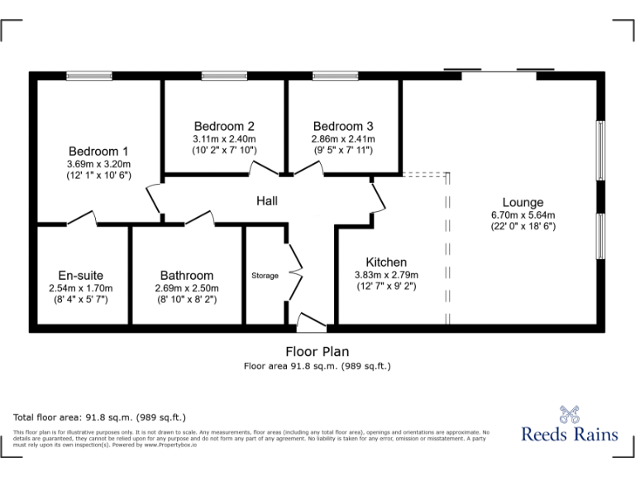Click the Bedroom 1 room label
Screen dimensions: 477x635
tap(98, 152)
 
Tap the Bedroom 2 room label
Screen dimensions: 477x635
tap(224, 126)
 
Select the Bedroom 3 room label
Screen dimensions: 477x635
tap(343, 126)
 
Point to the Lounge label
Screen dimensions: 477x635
tap(523, 202)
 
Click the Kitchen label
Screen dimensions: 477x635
tap(386, 263)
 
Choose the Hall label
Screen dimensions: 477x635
tap(267, 200)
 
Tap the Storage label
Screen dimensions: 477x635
tap(265, 275)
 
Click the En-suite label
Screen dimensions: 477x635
tap(80, 275)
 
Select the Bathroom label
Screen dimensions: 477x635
tap(187, 275)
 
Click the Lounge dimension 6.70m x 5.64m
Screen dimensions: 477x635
tap(523, 214)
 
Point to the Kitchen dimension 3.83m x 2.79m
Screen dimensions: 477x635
tap(386, 275)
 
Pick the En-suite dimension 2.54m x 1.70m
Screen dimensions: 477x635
tap(80, 287)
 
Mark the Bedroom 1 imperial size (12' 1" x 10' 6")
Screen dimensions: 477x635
tap(98, 176)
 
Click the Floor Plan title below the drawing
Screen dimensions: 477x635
tap(317, 351)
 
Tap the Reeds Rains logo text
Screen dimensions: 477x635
tap(570, 434)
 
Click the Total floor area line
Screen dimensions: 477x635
tap(100, 417)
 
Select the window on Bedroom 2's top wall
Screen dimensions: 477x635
tap(224, 77)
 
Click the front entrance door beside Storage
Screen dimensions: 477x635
tap(312, 324)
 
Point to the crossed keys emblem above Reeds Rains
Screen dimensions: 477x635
tap(569, 412)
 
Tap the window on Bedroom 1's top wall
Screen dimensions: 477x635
tap(89, 77)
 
